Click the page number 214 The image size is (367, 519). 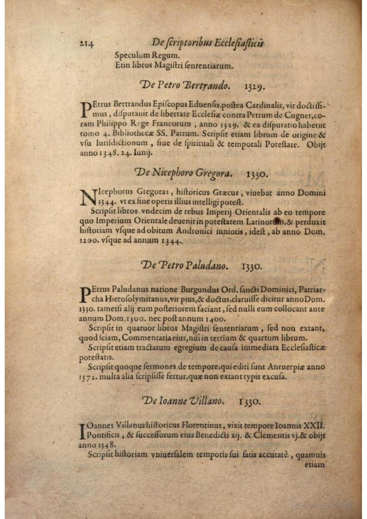(x=87, y=44)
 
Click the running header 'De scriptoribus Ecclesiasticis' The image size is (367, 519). (x=208, y=43)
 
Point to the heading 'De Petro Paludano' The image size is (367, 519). (x=185, y=266)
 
